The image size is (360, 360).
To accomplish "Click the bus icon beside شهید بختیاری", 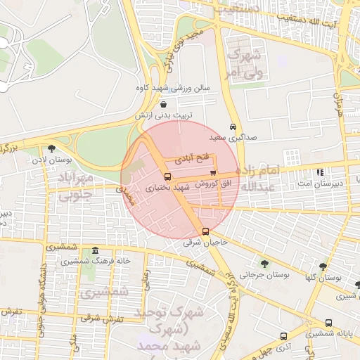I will (x=167, y=177).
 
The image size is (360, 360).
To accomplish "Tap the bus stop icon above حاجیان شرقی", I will (x=205, y=231).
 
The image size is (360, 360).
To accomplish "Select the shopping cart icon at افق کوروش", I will (x=213, y=174).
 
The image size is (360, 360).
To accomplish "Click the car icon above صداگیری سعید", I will (x=233, y=127).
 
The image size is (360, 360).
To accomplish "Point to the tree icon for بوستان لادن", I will (x=51, y=148).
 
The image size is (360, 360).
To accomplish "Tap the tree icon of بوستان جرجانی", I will (x=264, y=264).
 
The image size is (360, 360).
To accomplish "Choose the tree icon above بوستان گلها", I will (x=323, y=266).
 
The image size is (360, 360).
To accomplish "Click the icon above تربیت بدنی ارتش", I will (x=163, y=104).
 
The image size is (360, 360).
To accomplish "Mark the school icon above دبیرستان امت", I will (x=321, y=172).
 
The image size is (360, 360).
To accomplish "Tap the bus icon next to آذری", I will (x=283, y=336).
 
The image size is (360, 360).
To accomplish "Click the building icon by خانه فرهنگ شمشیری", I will (x=95, y=251).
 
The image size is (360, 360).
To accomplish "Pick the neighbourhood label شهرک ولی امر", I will (x=243, y=63).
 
